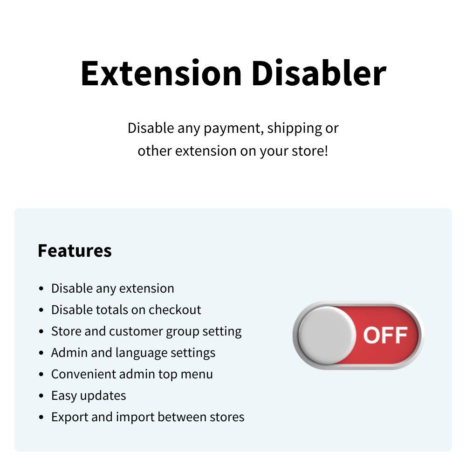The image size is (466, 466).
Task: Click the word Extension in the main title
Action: click(161, 73)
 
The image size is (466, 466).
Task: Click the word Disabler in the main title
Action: click(319, 73)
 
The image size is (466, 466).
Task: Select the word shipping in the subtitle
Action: click(295, 129)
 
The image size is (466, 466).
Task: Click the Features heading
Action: click(75, 250)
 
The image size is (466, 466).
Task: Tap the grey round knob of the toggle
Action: click(327, 335)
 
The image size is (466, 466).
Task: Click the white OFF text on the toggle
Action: click(385, 335)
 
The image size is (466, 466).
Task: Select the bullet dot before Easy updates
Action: click(41, 396)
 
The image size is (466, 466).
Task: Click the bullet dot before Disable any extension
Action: click(41, 288)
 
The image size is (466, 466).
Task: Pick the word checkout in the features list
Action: click(175, 310)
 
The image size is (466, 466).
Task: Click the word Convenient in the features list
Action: click(83, 374)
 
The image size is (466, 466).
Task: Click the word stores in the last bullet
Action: click(227, 417)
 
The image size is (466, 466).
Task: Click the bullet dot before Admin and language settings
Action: click(41, 353)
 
